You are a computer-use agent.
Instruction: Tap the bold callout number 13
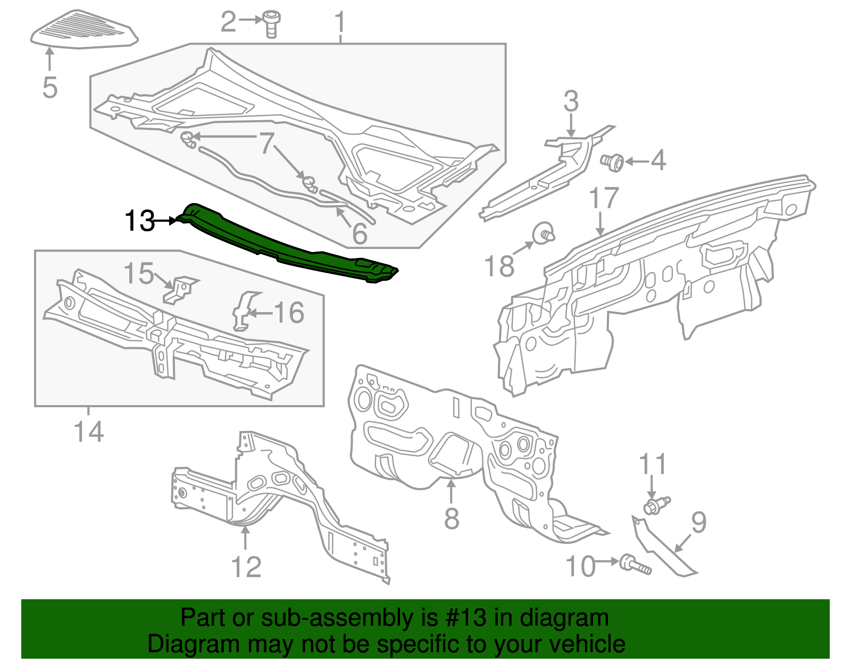[139, 221]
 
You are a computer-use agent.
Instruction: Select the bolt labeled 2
[271, 24]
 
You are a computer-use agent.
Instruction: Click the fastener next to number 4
[613, 162]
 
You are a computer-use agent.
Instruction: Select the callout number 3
[571, 101]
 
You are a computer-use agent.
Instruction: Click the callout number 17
[604, 198]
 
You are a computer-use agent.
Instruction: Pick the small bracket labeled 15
[180, 289]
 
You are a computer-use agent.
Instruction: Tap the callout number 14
[89, 432]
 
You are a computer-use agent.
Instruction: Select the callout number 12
[246, 567]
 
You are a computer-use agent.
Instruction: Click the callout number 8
[452, 518]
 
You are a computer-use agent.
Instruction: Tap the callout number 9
[698, 522]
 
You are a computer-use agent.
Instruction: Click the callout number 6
[360, 234]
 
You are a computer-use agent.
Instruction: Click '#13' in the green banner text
[462, 618]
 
